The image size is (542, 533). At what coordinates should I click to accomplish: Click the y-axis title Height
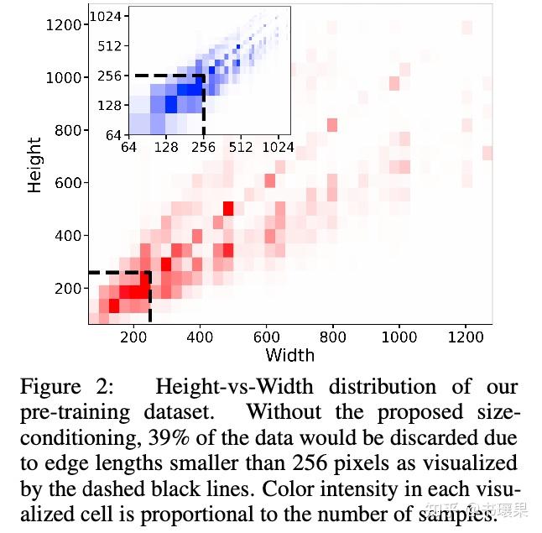point(34,165)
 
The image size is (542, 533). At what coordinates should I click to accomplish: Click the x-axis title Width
point(289,354)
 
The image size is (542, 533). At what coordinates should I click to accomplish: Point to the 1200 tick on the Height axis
point(64,24)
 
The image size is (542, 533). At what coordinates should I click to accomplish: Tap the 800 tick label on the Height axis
point(68,130)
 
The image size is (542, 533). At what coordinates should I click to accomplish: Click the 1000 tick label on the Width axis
point(399,337)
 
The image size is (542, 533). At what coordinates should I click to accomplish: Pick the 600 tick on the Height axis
point(68,183)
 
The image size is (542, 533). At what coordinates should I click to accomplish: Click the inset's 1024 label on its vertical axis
point(107,16)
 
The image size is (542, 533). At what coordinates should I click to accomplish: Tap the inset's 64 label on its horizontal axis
point(128,148)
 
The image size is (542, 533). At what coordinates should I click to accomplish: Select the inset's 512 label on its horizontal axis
point(241,148)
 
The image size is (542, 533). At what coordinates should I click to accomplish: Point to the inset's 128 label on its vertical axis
point(110,105)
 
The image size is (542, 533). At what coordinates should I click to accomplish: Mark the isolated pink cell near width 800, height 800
point(331,125)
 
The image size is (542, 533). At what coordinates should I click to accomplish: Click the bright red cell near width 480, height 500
point(228,208)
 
